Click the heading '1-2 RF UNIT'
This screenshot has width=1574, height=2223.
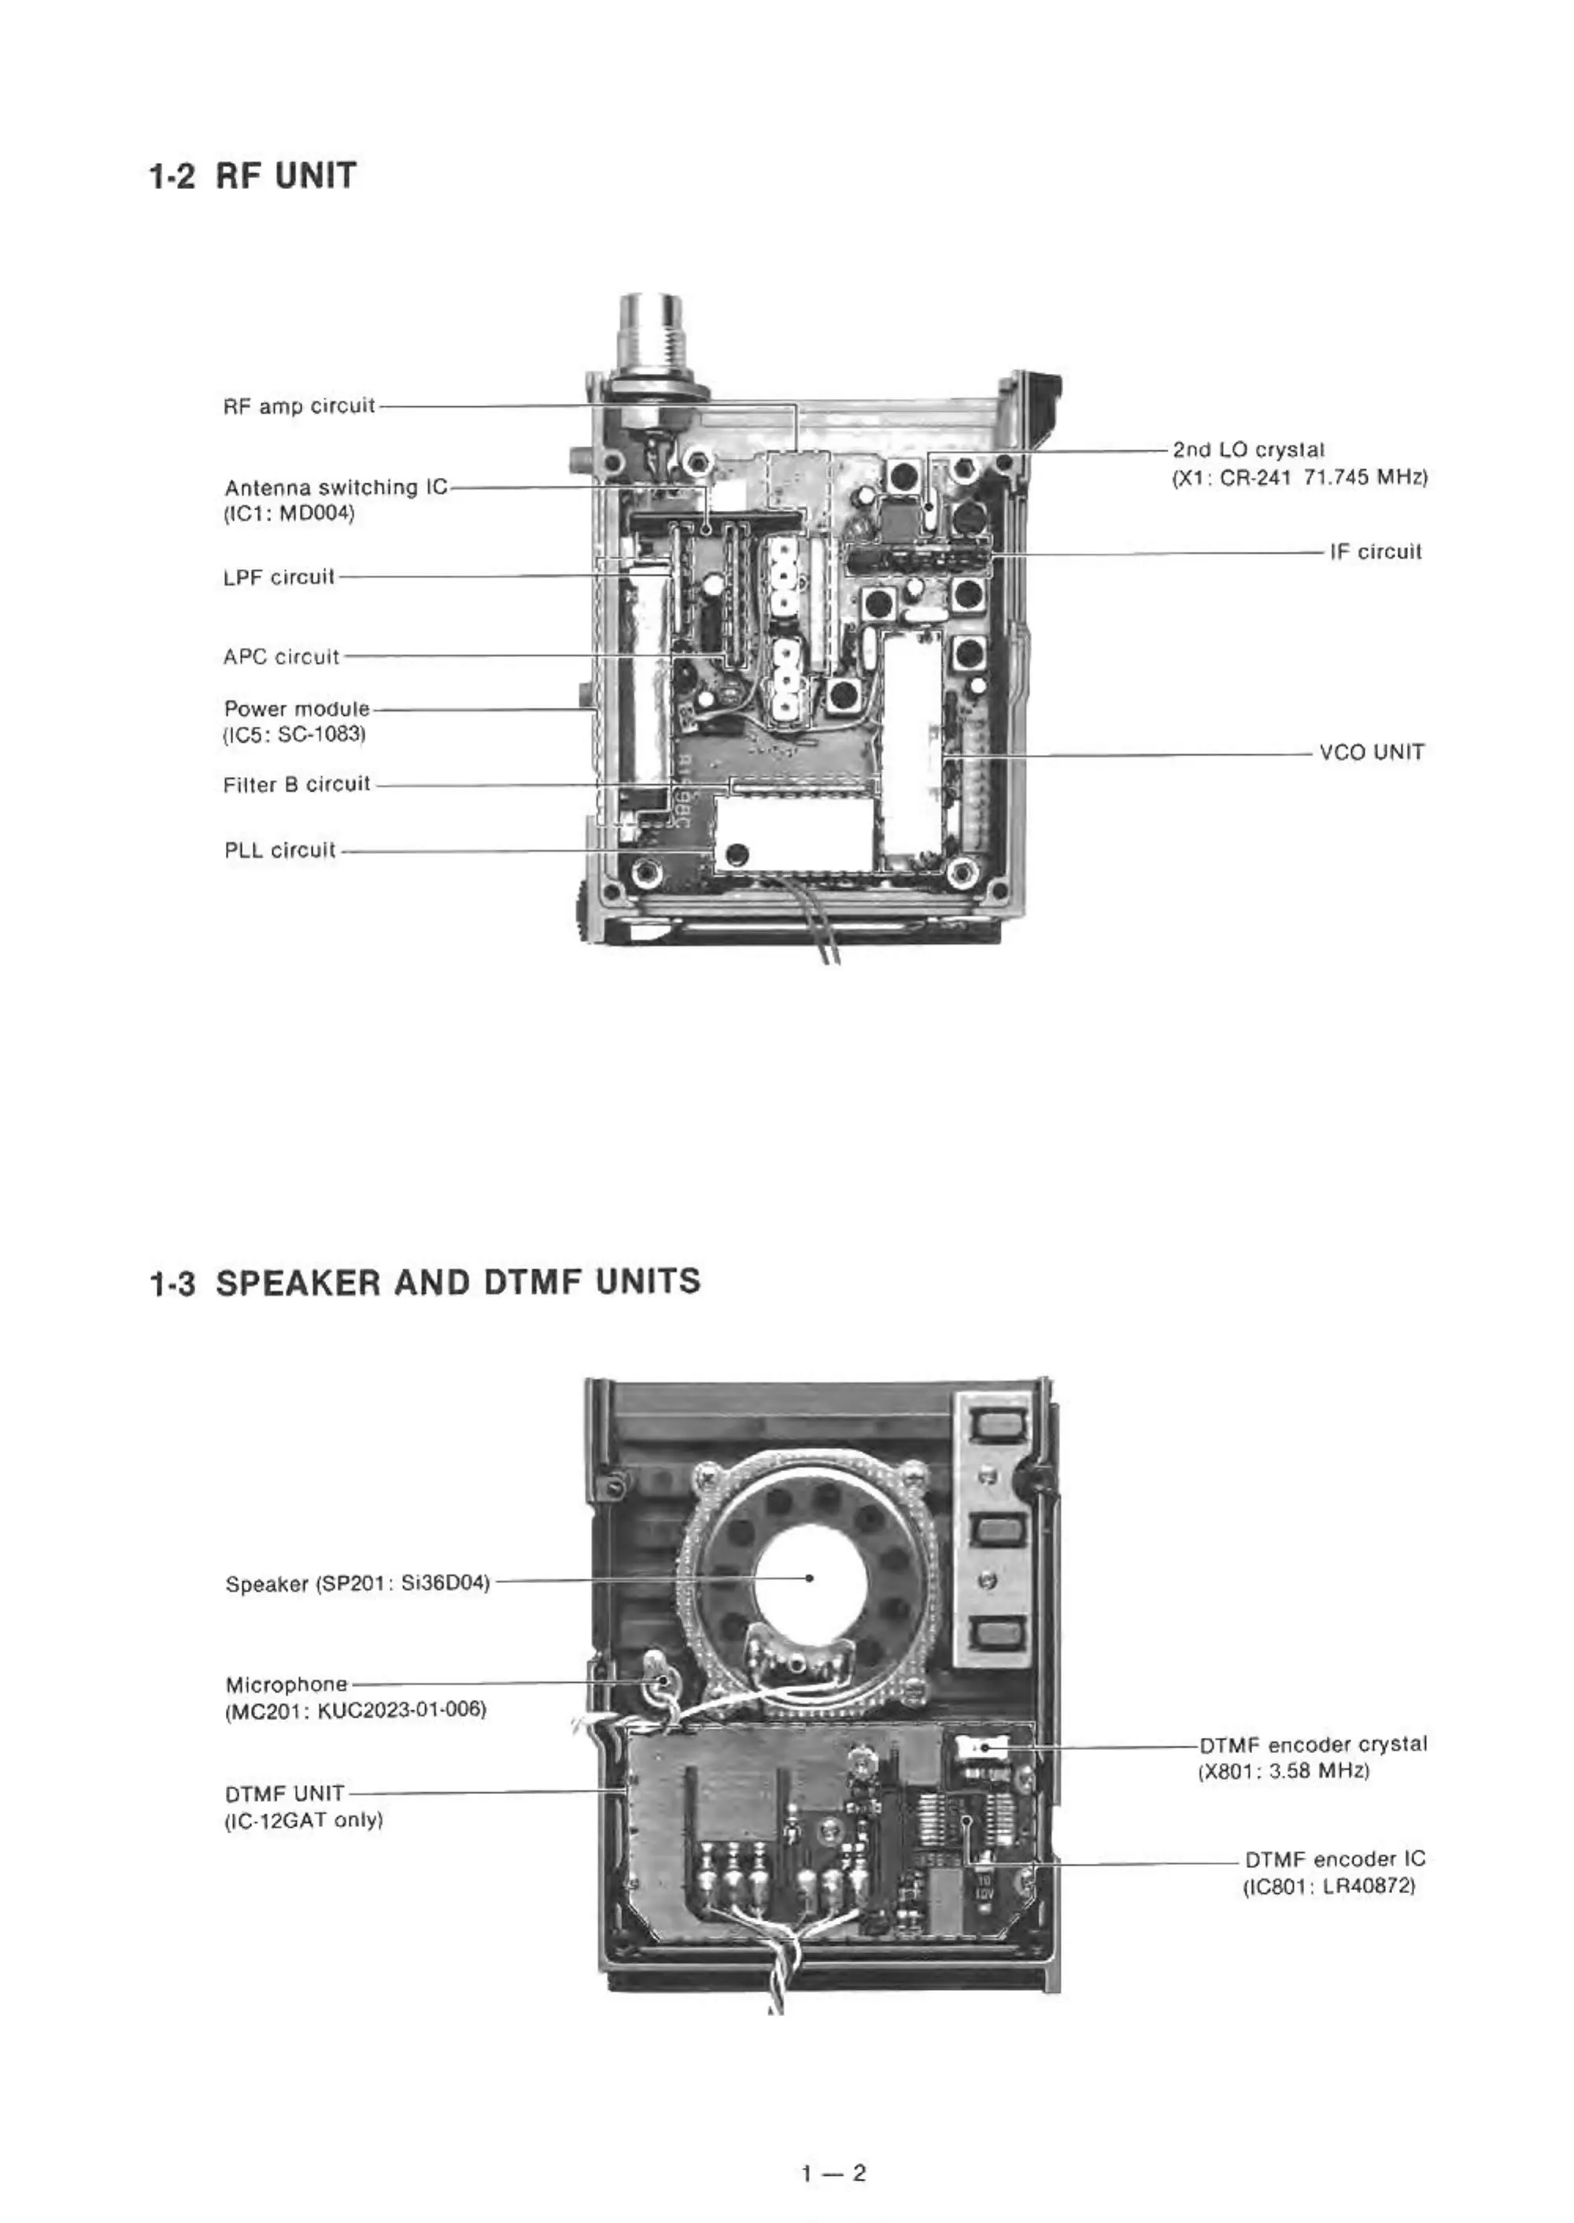coord(252,176)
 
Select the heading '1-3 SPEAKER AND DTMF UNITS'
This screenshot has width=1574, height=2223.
coord(424,1282)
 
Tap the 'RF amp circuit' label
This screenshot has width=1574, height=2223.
coord(298,406)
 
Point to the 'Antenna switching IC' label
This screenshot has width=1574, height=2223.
coord(336,487)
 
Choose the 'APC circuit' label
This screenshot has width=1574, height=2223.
coord(281,657)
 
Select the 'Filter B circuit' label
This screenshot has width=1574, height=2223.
coord(297,784)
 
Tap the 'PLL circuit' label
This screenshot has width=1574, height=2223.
coord(280,850)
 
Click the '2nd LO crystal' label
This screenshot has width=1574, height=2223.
coord(1248,449)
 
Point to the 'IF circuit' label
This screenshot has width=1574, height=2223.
coord(1376,552)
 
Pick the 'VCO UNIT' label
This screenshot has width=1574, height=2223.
coord(1373,753)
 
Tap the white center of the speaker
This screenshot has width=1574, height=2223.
coord(809,1578)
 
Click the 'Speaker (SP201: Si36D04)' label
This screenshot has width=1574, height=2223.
coord(357,1584)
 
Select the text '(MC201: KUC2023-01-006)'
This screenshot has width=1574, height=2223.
coord(355,1709)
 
